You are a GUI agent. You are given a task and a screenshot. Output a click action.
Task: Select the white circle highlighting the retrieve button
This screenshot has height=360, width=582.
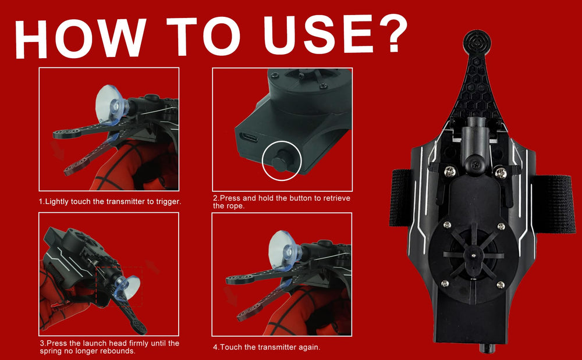coord(281,161)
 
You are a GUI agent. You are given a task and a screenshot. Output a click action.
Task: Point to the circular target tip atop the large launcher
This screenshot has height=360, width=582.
coord(477,42)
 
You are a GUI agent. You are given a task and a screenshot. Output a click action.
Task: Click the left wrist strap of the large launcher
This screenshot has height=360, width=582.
coord(400,198)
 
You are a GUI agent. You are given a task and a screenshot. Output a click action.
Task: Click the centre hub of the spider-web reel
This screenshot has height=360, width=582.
coord(472,255)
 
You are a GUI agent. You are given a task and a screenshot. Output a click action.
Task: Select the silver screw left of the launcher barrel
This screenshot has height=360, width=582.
coord(450,172)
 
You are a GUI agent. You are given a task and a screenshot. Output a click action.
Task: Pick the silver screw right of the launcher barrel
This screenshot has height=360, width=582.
coord(501,173)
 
